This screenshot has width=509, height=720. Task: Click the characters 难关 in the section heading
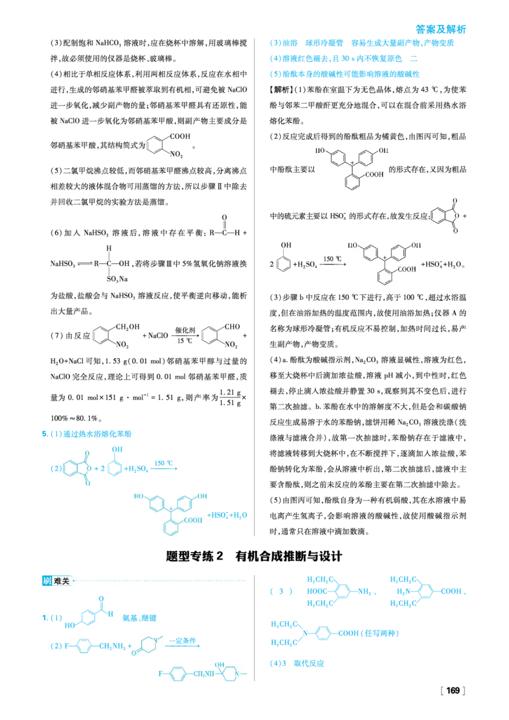[62, 581]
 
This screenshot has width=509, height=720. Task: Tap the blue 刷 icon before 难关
[46, 581]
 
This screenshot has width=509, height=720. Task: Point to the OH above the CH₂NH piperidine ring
[220, 665]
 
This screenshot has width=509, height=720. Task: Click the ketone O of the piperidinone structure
[134, 653]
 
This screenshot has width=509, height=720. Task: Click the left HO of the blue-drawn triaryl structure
[138, 496]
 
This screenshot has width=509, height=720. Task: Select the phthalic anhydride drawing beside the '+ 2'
[78, 468]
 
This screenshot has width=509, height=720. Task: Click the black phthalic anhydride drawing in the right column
[445, 214]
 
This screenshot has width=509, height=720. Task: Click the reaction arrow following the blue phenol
[164, 469]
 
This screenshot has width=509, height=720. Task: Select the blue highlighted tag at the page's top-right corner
[440, 29]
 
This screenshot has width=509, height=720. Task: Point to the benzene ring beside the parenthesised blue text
[323, 633]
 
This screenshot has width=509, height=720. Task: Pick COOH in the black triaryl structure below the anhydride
[408, 270]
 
